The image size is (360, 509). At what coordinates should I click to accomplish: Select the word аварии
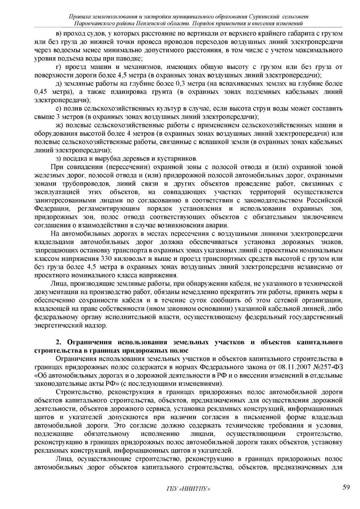(x=218, y=225)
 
